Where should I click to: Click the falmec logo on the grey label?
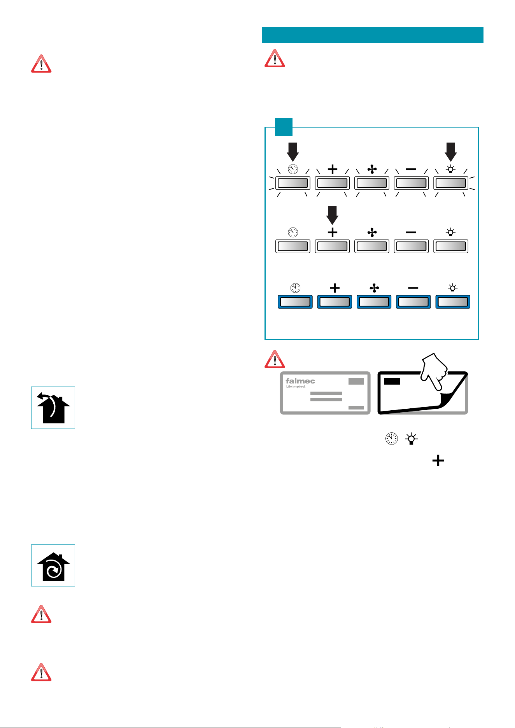[300, 381]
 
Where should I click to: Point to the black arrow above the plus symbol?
[332, 215]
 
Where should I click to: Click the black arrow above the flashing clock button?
[293, 152]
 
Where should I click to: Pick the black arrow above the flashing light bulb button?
[450, 152]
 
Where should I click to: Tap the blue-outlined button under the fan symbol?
[374, 302]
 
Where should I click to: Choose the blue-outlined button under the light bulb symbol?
[453, 302]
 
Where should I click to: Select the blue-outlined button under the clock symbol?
[295, 302]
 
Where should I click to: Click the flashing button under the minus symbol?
[411, 183]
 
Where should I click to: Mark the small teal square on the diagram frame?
[284, 127]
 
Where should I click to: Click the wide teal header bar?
[373, 35]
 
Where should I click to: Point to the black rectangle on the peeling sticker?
[392, 381]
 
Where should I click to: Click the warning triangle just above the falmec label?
[275, 359]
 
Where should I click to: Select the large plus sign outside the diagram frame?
[438, 461]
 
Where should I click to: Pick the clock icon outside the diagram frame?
[391, 439]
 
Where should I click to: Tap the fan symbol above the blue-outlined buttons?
[374, 288]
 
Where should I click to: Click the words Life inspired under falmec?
[296, 387]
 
